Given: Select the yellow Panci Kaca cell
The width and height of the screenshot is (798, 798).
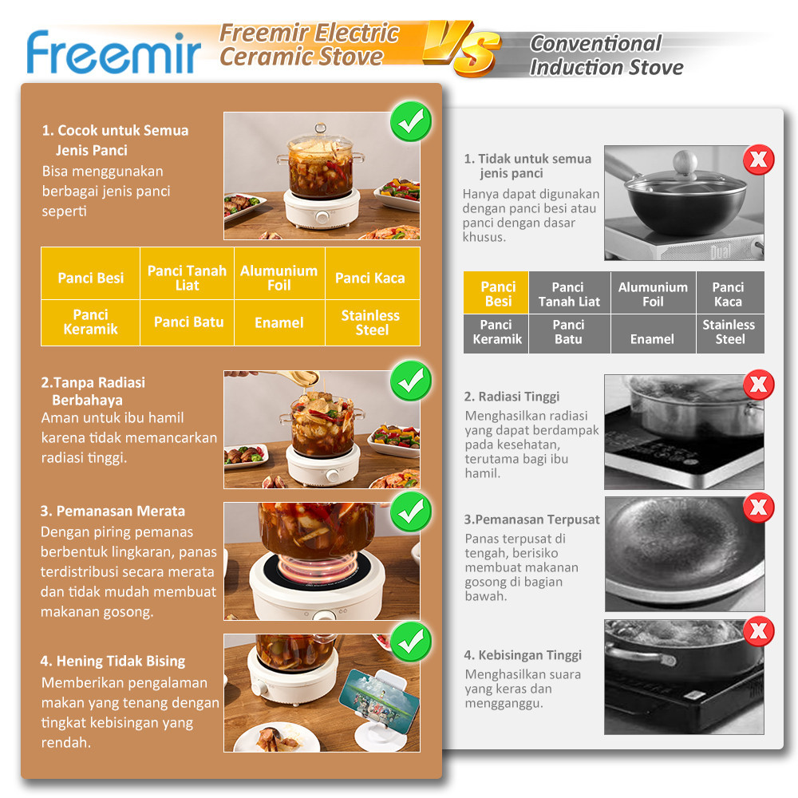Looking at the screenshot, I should click(370, 278).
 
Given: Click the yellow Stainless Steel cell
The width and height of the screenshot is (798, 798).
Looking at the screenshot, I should click(371, 322).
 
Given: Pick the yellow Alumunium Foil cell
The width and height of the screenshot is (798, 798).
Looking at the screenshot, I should click(279, 278).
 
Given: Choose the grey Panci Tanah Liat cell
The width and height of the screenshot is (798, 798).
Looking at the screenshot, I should click(568, 294).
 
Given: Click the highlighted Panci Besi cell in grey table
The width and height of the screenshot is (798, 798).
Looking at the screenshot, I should click(497, 294).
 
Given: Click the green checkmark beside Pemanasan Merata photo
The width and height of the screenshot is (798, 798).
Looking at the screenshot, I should click(410, 512).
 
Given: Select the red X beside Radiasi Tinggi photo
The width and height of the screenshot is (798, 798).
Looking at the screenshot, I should click(758, 385).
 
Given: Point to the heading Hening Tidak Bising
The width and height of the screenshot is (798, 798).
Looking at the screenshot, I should click(113, 661).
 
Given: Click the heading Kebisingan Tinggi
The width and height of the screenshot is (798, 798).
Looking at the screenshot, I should click(523, 655).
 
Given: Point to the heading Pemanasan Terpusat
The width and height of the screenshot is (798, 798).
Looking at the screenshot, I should click(531, 519).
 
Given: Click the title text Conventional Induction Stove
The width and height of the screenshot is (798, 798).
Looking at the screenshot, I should click(606, 55).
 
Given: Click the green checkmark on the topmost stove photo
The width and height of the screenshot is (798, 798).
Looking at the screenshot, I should click(410, 123).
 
